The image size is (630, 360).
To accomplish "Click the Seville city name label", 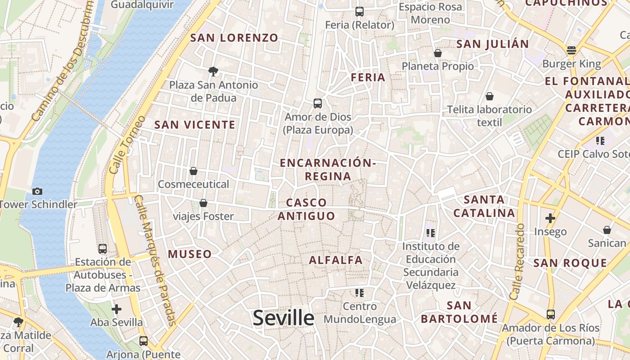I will tap(283, 318).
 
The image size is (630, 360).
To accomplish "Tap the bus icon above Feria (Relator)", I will tap(359, 12).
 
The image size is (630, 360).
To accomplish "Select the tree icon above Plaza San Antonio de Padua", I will tap(213, 71).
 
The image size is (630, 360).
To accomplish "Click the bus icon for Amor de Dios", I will tap(318, 103).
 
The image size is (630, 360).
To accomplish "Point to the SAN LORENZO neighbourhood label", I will tap(234, 38).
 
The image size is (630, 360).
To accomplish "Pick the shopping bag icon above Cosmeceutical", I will tap(193, 171).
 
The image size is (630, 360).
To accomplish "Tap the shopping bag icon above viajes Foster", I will tap(203, 203).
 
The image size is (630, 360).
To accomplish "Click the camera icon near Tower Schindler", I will tap(37, 191).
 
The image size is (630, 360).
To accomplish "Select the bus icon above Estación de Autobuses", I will tap(103, 249).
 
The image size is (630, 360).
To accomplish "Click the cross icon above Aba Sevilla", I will tap(117, 309).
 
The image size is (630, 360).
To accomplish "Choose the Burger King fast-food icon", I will tap(571, 50).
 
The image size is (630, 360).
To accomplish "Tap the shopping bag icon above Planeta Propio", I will tap(437, 53).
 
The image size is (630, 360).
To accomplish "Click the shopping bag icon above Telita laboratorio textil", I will tap(490, 96).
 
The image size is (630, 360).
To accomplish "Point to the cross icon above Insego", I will tap(550, 219).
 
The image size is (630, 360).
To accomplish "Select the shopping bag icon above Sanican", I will tap(607, 230).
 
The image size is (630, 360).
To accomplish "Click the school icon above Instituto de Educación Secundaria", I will tap(431, 233).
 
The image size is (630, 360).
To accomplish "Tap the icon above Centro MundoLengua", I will tap(359, 293).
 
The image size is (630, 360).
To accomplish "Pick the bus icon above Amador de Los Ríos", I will tap(551, 315).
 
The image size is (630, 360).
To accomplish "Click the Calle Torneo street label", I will tap(126, 145).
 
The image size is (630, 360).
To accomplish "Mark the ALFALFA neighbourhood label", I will tap(336, 260).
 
